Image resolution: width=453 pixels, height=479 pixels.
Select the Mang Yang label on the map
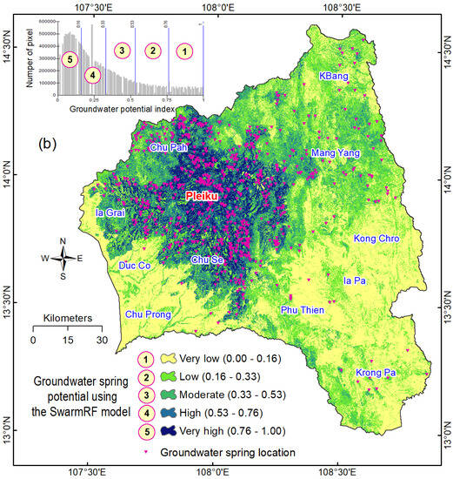pyautogui.click(x=335, y=153)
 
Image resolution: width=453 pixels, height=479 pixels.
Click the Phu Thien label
pyautogui.click(x=303, y=309)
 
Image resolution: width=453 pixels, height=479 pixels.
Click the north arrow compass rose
pyautogui.click(x=62, y=258)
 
